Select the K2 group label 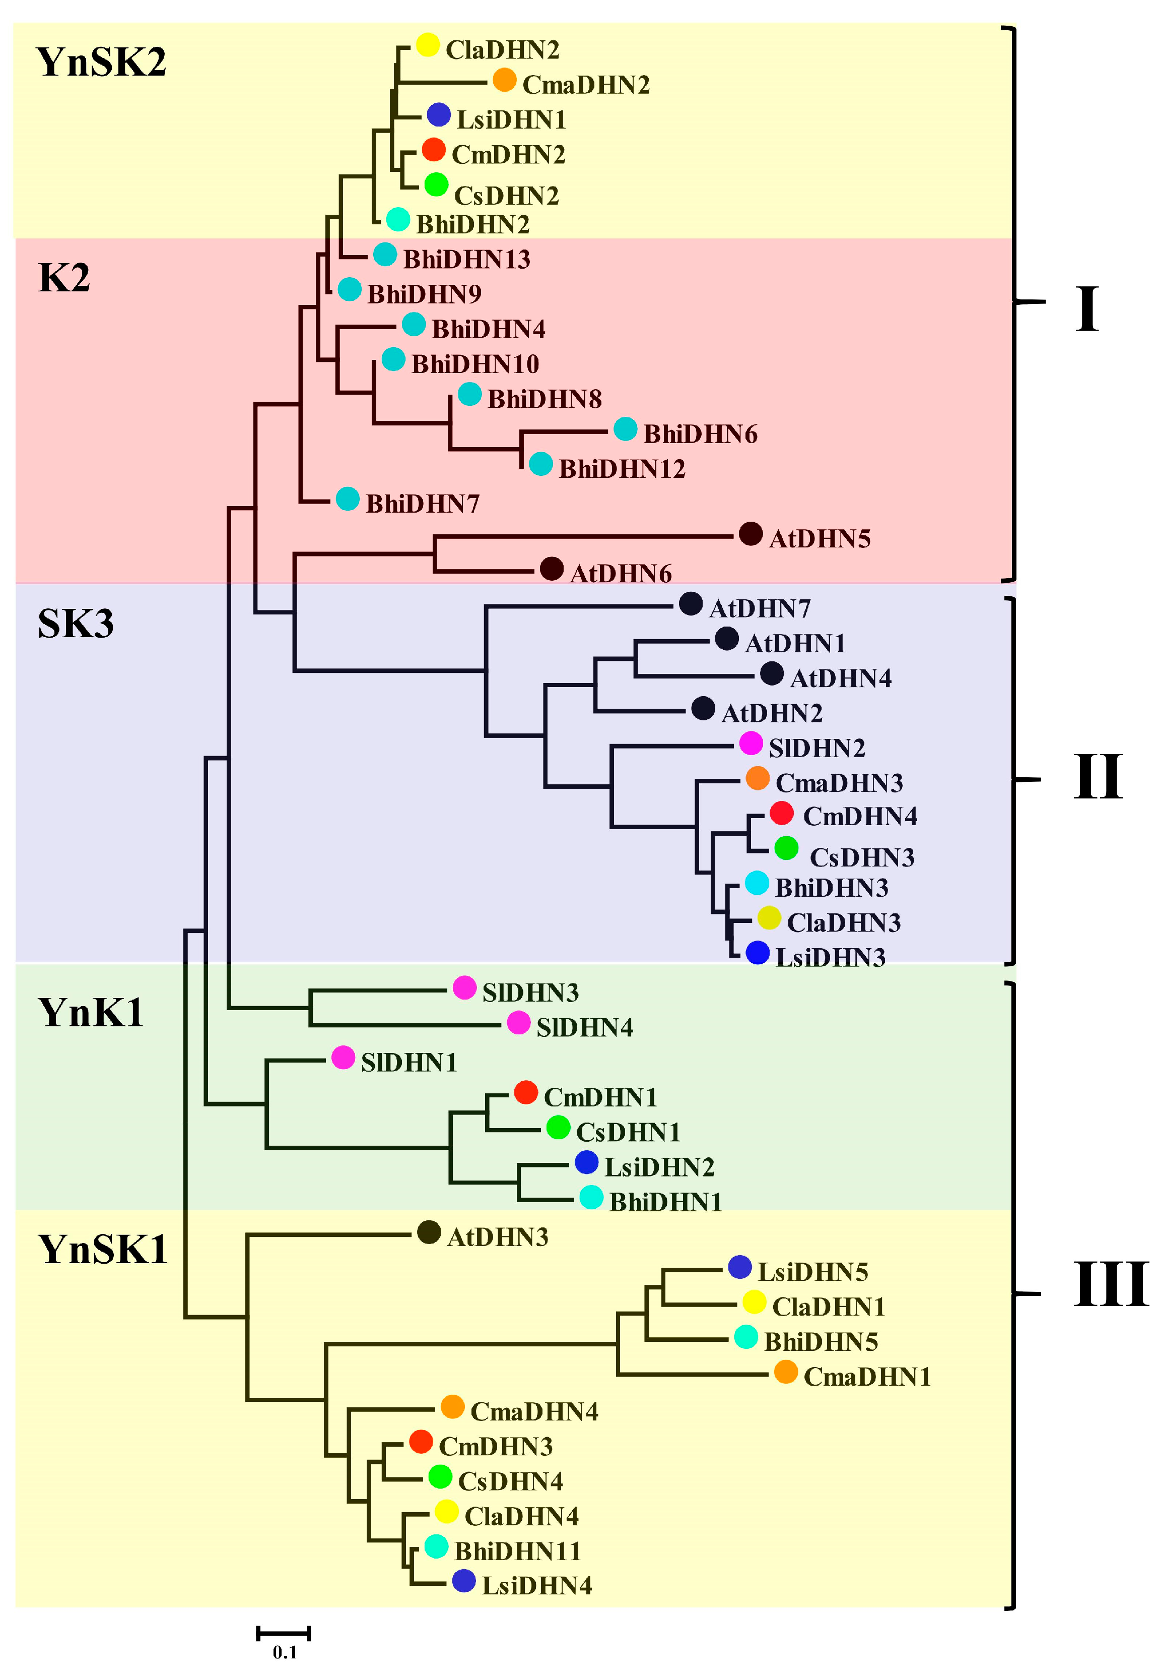click(64, 278)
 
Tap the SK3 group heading click(76, 624)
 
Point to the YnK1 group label click(91, 1013)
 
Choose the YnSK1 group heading click(102, 1249)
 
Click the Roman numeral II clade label click(1098, 778)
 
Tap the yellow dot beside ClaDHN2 click(428, 45)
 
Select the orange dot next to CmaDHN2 click(505, 80)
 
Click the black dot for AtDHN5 click(751, 535)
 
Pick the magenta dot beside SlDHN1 click(343, 1058)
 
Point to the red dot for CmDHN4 click(781, 813)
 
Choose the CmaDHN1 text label click(867, 1377)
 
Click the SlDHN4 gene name click(584, 1028)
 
